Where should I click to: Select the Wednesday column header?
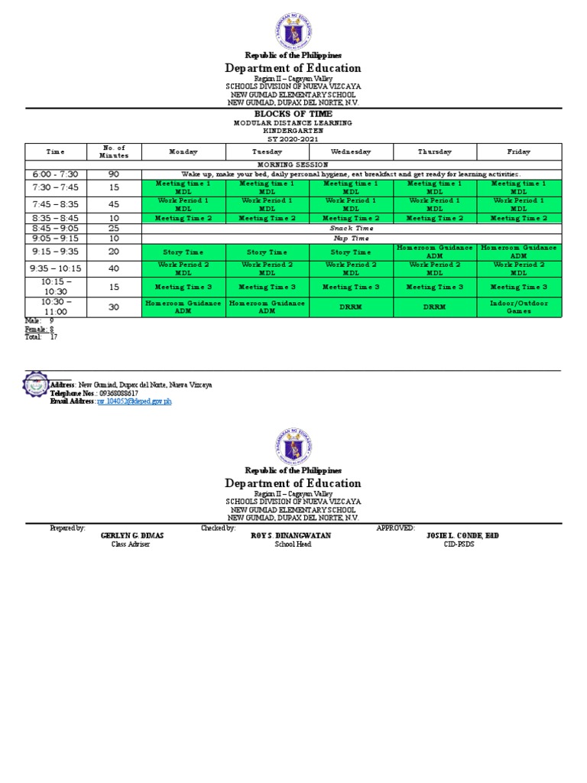click(351, 151)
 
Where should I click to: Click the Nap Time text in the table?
click(350, 238)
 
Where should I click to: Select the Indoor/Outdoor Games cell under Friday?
click(518, 307)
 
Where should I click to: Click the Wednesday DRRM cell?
click(351, 307)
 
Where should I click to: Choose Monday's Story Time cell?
click(183, 252)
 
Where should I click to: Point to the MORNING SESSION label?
click(293, 164)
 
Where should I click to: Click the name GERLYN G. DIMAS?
click(132, 536)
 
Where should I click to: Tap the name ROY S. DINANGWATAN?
click(291, 536)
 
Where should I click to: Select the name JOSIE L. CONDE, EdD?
click(462, 536)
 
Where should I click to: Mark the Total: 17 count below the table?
click(41, 336)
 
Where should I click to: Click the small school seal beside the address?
click(35, 386)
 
